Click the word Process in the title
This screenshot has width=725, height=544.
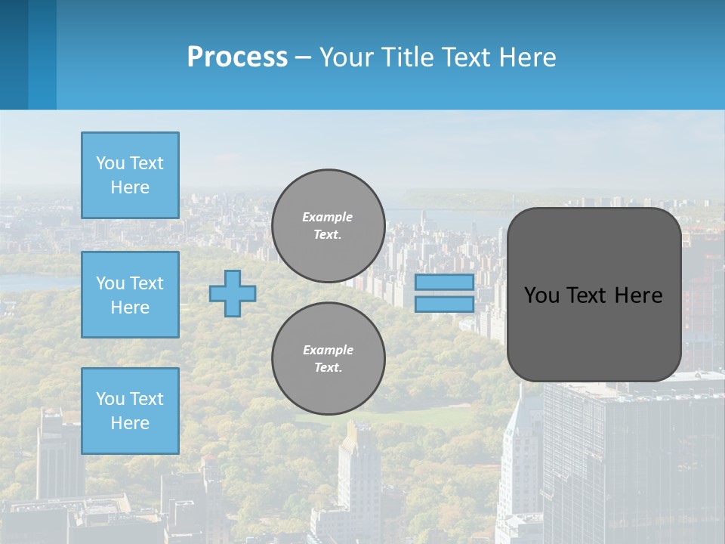(237, 57)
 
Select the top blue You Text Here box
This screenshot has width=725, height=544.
(130, 175)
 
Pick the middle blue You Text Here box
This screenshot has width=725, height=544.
(130, 295)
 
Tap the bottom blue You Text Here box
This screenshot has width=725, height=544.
(130, 411)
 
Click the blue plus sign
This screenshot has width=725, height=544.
(233, 293)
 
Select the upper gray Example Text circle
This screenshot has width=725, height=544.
(328, 226)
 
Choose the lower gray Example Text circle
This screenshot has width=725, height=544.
(328, 359)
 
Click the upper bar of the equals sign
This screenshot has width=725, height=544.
(444, 282)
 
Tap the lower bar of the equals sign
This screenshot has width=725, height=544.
(444, 304)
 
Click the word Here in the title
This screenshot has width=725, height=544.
(526, 57)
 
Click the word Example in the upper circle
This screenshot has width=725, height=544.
(327, 217)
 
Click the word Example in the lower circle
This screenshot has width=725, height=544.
(328, 350)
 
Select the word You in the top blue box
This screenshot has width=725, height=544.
(110, 163)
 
